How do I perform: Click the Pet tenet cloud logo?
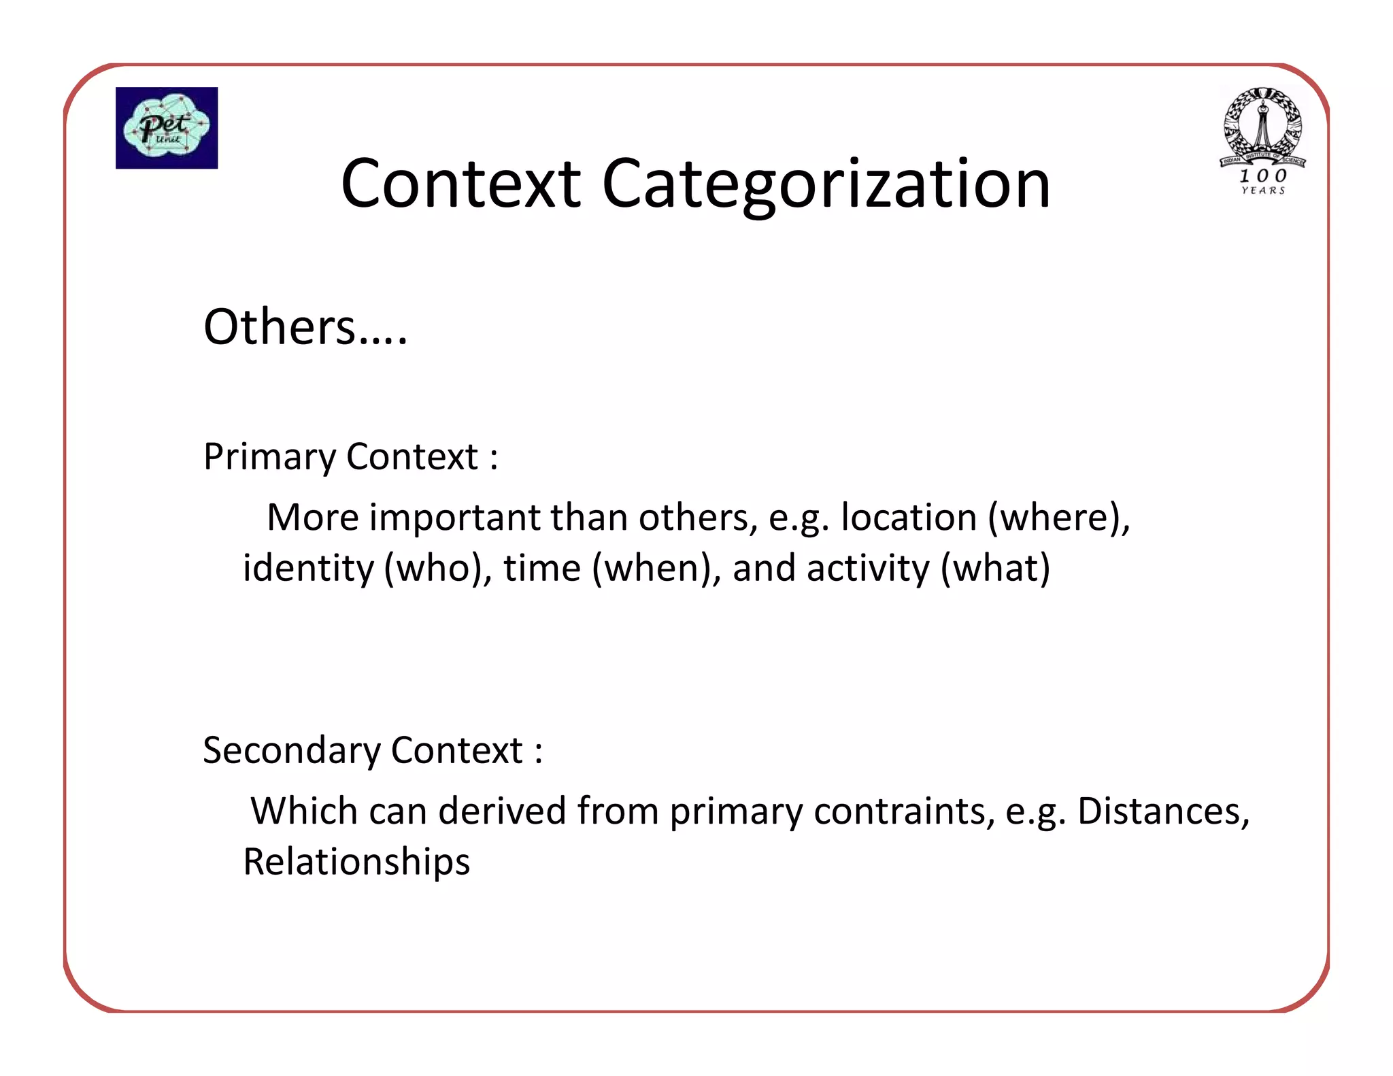pyautogui.click(x=167, y=128)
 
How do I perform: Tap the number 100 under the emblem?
pyautogui.click(x=1263, y=175)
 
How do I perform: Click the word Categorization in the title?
pyautogui.click(x=826, y=184)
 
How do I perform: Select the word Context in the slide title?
pyautogui.click(x=460, y=184)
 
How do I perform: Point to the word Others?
pyautogui.click(x=280, y=327)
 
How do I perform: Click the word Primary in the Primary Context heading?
pyautogui.click(x=270, y=457)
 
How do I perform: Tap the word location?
pyautogui.click(x=909, y=518)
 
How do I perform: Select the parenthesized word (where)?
pyautogui.click(x=1058, y=518)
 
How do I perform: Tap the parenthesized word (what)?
pyautogui.click(x=995, y=569)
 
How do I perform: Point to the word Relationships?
pyautogui.click(x=356, y=862)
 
